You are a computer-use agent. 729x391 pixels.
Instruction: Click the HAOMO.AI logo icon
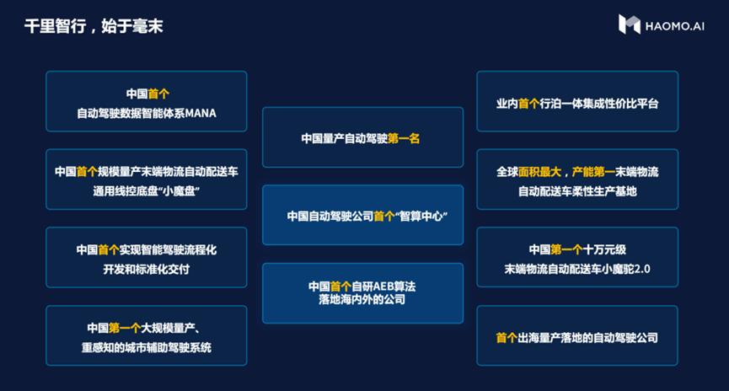click(x=630, y=24)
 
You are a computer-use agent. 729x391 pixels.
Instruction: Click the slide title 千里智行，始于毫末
click(x=94, y=26)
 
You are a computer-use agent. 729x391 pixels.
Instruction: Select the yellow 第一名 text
click(x=404, y=138)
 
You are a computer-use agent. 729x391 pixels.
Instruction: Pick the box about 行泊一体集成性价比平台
click(x=576, y=102)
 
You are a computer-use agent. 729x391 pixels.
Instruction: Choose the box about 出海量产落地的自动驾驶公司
click(x=576, y=337)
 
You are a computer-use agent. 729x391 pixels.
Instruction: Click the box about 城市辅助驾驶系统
click(x=146, y=337)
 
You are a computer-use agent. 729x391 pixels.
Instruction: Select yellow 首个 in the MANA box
click(x=158, y=93)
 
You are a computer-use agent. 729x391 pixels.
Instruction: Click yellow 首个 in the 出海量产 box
click(x=507, y=338)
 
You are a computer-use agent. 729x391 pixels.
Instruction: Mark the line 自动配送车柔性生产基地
click(x=577, y=191)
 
